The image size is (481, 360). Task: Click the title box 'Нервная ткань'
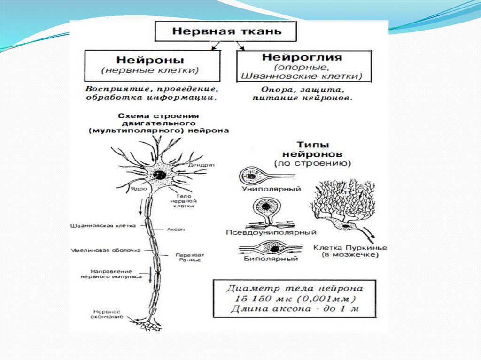226,32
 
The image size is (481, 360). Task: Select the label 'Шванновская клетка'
102,225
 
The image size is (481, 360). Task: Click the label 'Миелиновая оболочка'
106,250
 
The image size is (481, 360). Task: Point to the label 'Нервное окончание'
108,314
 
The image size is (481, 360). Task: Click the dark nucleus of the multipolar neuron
159,175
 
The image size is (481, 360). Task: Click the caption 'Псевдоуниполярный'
271,232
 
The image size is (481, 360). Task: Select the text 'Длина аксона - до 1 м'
294,309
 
